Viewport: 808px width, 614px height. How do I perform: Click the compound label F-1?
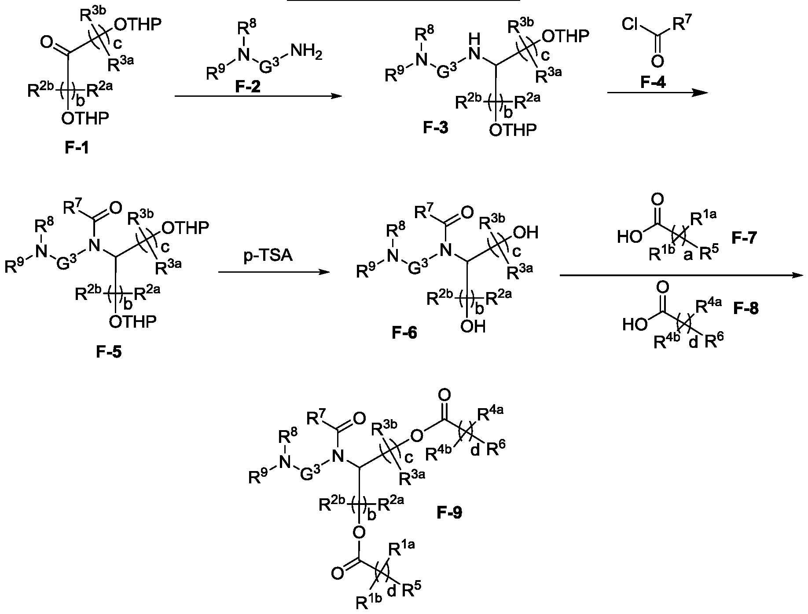click(77, 148)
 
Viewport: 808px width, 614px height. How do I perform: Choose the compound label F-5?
click(109, 352)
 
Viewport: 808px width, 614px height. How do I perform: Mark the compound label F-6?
click(404, 333)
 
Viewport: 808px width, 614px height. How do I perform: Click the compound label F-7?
click(744, 238)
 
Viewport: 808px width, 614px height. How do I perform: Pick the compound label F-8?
click(746, 309)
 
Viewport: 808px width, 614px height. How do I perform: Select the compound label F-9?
click(449, 513)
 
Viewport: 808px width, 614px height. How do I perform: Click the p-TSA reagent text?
click(268, 256)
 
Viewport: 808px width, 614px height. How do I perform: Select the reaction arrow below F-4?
click(657, 92)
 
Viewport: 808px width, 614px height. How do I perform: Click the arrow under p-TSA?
click(274, 272)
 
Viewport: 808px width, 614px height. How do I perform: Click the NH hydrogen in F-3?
click(474, 39)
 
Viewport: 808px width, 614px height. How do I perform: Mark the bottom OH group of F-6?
click(473, 327)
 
